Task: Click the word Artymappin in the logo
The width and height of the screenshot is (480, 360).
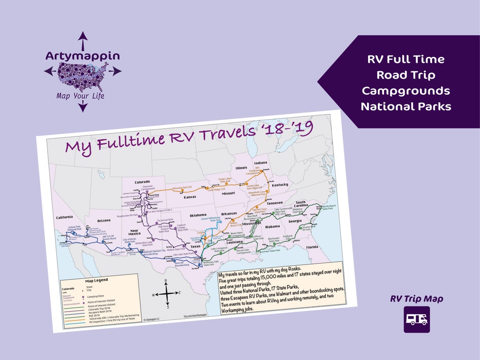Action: pyautogui.click(x=83, y=56)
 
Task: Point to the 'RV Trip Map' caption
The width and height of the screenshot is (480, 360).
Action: pyautogui.click(x=416, y=299)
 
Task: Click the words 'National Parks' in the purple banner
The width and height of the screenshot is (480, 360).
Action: pyautogui.click(x=406, y=107)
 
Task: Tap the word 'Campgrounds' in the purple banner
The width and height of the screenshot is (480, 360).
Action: pyautogui.click(x=406, y=91)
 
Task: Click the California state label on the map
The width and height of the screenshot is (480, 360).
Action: pyautogui.click(x=64, y=217)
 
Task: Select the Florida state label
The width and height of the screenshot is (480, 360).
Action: pyautogui.click(x=312, y=247)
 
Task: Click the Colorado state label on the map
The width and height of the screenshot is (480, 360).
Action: pyautogui.click(x=142, y=182)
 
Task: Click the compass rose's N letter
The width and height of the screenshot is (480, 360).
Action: pyautogui.click(x=166, y=280)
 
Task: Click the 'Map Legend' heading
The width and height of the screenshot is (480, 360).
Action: pyautogui.click(x=96, y=280)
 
